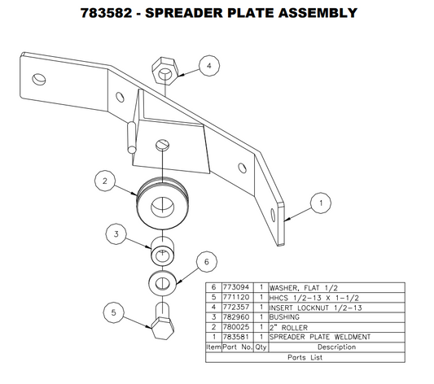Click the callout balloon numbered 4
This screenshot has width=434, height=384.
(x=209, y=66)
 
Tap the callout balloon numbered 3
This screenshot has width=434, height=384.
(x=116, y=233)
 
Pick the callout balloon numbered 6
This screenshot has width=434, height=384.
(x=207, y=261)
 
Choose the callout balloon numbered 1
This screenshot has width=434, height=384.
(x=321, y=202)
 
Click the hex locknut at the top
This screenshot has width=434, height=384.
(x=164, y=69)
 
